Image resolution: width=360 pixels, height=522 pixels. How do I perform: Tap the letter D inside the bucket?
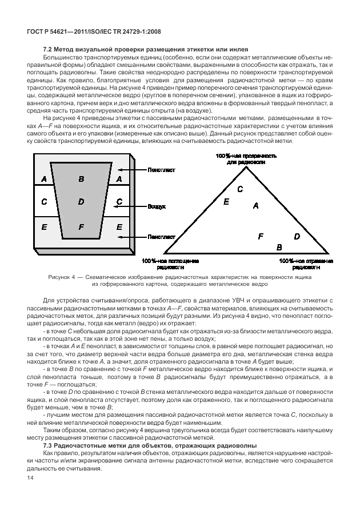81,201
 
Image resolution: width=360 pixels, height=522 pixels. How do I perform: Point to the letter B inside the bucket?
81,179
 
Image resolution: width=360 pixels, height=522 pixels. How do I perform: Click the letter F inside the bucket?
81,227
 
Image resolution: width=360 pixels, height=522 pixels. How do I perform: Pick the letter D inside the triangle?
297,236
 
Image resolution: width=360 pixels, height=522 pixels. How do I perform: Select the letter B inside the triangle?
279,247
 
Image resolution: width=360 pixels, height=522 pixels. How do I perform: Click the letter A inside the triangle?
255,205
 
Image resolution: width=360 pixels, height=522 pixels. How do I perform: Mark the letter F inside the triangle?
261,236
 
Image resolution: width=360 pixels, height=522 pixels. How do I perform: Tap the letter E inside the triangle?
226,201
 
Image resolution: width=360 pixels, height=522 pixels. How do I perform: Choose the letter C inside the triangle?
240,189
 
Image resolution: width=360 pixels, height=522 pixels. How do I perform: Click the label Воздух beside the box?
157,206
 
